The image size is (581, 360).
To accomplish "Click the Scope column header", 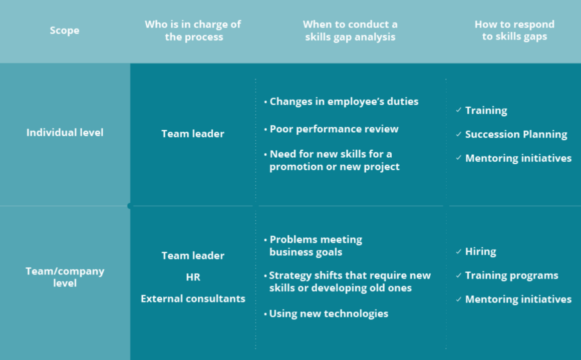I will (64, 31).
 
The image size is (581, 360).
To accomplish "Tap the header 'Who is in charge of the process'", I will (193, 31).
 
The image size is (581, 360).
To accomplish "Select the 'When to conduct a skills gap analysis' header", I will (350, 31).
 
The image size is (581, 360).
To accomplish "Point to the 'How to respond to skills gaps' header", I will (514, 31).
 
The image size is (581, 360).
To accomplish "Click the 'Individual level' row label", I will (65, 133).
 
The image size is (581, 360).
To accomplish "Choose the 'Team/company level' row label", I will (65, 277).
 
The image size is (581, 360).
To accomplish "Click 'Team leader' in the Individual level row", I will (193, 134).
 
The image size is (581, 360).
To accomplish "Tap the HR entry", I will (193, 277).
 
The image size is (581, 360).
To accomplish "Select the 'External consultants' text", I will (193, 298).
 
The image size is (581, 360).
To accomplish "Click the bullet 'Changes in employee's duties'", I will (344, 102).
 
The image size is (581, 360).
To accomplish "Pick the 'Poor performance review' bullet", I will (334, 129).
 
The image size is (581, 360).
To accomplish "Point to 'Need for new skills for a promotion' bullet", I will (334, 160).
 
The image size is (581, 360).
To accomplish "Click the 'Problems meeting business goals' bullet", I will (315, 246).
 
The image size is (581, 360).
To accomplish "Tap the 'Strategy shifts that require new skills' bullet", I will (349, 281).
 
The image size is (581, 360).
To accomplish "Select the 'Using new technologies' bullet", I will (328, 314).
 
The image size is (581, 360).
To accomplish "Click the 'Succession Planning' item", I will (516, 134).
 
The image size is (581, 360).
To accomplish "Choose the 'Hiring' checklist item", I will (480, 251).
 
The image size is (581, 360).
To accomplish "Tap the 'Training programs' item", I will (511, 275).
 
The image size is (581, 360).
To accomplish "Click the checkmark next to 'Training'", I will (458, 110).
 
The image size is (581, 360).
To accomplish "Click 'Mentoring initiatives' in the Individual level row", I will (518, 158).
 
